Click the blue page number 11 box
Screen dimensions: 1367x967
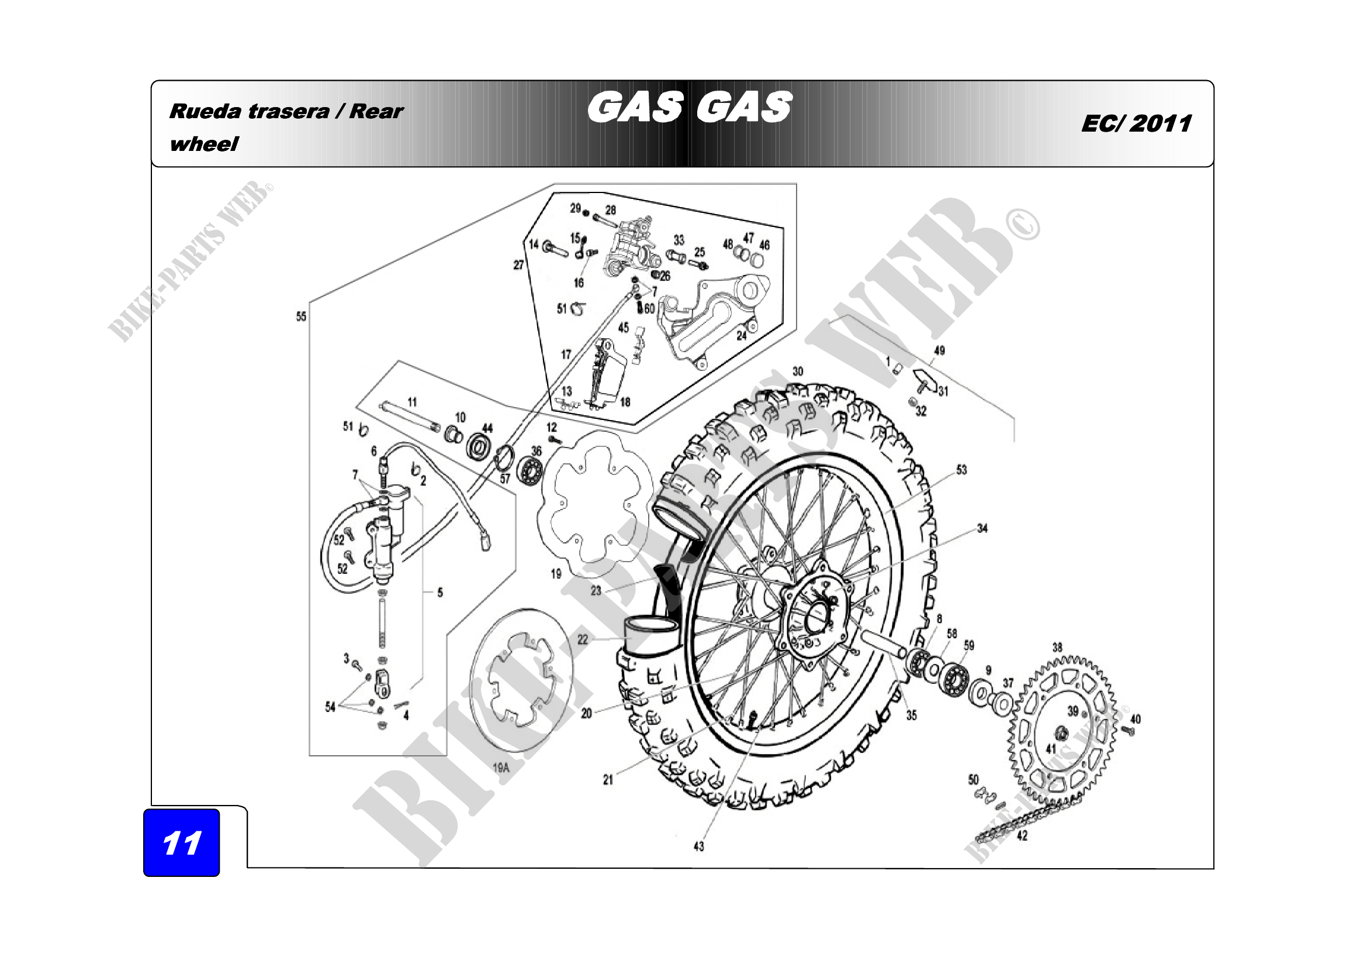[182, 842]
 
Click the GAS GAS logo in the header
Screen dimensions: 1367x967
[690, 107]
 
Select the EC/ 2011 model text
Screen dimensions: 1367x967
[1137, 123]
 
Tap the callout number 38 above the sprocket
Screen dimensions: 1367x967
[1057, 647]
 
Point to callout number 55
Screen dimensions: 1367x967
[301, 316]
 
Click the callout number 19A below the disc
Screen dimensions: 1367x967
[501, 768]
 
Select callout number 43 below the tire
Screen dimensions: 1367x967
[699, 846]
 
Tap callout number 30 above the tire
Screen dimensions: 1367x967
[798, 371]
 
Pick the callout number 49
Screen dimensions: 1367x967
[940, 350]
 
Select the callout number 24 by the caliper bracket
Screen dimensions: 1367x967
[741, 335]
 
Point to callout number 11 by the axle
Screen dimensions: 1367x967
[412, 402]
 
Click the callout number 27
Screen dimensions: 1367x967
[518, 264]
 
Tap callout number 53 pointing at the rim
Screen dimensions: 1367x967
[961, 470]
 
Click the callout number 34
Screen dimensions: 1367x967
[982, 528]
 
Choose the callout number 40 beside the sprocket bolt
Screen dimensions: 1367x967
[1136, 719]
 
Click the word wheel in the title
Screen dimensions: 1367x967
[203, 144]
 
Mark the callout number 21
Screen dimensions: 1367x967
[608, 780]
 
